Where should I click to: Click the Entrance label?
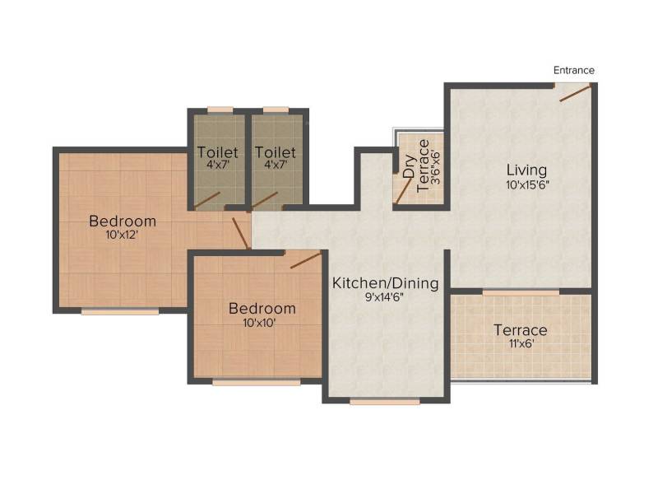(573, 70)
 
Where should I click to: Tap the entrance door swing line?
(575, 93)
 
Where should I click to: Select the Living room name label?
(526, 170)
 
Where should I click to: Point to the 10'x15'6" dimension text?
(527, 184)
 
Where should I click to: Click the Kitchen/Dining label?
(385, 283)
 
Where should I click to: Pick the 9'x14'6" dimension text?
(384, 297)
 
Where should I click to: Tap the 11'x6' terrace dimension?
(521, 343)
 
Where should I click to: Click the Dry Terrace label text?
(416, 166)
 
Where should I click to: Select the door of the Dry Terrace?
(404, 192)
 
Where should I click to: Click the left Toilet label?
(218, 152)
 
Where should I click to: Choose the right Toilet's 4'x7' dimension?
(276, 164)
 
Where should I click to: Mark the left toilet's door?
(207, 200)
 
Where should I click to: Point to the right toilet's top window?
(276, 110)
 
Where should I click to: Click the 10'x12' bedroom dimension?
(122, 235)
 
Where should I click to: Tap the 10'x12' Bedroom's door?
(241, 233)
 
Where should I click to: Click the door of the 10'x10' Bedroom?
(306, 259)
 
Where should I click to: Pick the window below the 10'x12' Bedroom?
(120, 311)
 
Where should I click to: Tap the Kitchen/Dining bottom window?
(385, 402)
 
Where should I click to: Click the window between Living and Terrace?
(521, 292)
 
